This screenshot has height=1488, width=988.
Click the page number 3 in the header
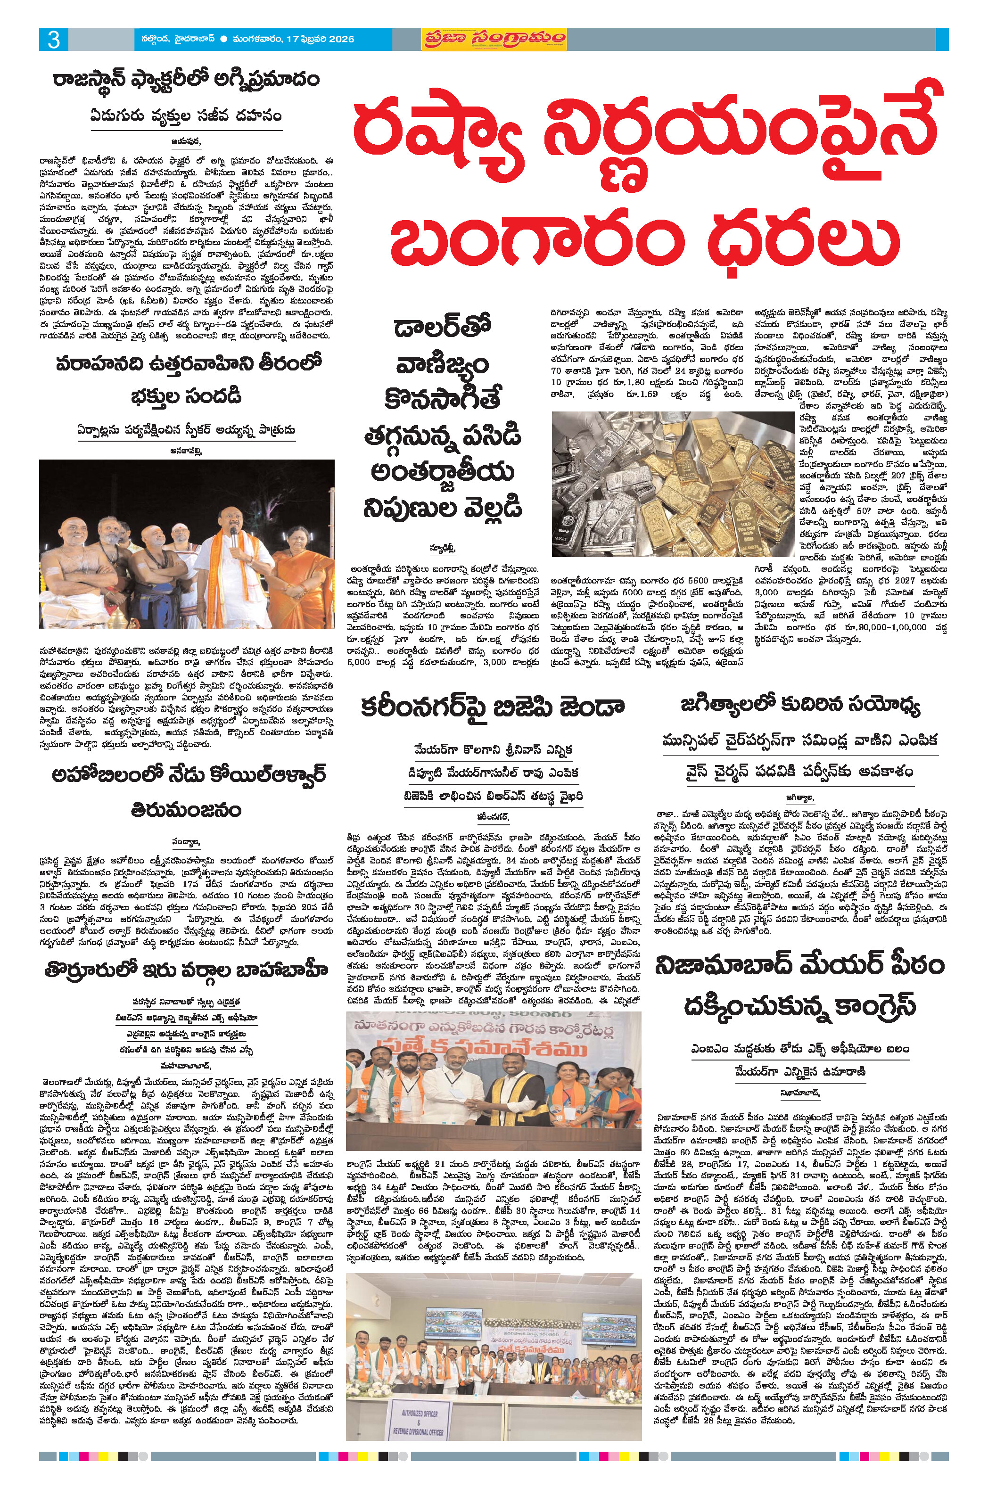[x=54, y=40]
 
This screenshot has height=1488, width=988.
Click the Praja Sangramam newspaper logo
[x=494, y=39]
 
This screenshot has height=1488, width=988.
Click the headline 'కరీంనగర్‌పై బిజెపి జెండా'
[x=492, y=707]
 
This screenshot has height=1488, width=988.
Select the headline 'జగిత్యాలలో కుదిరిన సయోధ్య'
[x=800, y=704]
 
